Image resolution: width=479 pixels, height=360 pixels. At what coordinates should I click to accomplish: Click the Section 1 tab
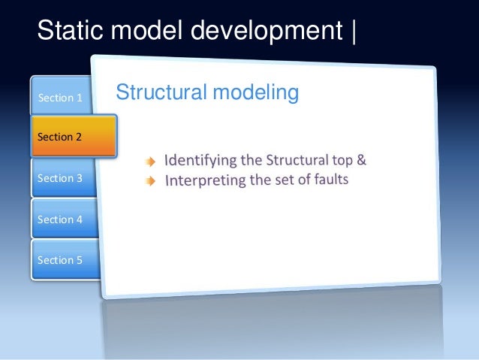coord(61,97)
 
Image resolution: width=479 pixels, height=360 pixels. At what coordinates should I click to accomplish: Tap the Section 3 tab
coord(61,178)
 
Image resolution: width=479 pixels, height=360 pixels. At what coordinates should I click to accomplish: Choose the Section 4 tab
coord(61,219)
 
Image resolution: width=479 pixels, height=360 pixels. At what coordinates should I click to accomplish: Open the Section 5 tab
coord(61,260)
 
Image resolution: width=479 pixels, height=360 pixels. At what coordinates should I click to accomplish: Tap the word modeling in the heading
coord(259,93)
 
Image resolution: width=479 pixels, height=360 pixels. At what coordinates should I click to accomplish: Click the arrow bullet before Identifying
coord(152,161)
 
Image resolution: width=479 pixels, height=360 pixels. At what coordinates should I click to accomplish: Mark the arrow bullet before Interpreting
coord(152,180)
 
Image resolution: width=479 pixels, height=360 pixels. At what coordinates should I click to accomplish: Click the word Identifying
coord(196,161)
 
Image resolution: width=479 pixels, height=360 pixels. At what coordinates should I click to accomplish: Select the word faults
coord(330,179)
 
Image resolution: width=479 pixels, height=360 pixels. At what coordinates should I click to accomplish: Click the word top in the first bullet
coord(338,160)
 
